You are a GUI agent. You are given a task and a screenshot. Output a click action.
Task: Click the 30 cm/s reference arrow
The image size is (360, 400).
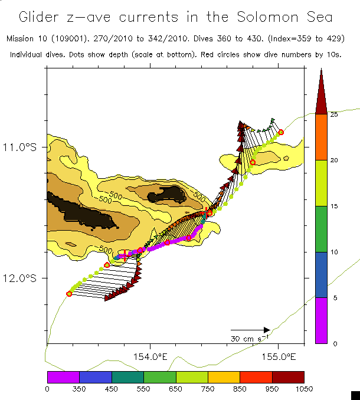coord(250,330)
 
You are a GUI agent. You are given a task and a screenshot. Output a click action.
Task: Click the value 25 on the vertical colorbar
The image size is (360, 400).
coord(334,114)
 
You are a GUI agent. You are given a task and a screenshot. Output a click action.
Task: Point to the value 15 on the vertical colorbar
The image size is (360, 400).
coord(334,206)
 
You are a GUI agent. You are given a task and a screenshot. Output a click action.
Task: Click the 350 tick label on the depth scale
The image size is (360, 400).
coord(79,388)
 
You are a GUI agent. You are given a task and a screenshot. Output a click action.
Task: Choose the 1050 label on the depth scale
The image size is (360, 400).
coord(303,388)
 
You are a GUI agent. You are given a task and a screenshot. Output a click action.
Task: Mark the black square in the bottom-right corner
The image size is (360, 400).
coord(355,395)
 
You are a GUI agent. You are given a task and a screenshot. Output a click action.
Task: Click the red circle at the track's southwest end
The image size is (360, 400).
coord(69,293)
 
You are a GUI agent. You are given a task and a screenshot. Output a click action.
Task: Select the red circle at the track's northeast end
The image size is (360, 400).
coord(281,132)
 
